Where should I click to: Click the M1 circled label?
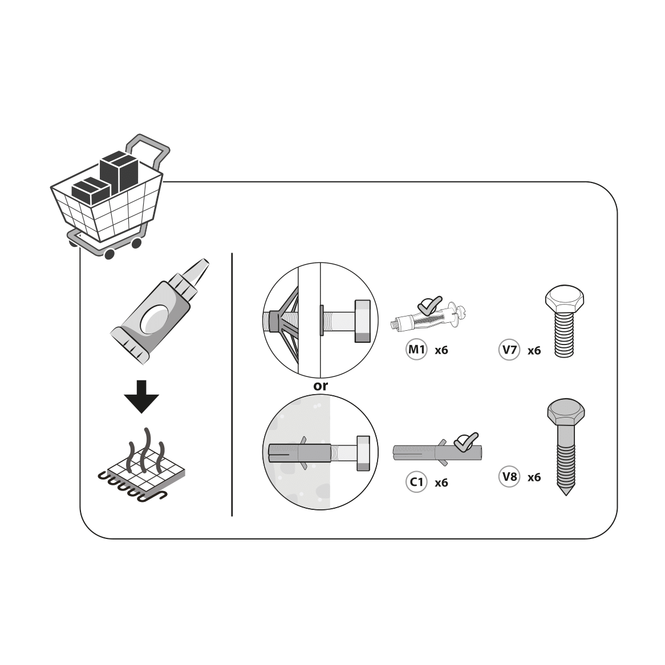[416, 350]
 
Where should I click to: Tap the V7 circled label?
[509, 350]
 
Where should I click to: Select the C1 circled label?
[416, 482]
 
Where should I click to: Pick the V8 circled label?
[509, 477]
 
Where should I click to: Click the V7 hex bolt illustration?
[565, 321]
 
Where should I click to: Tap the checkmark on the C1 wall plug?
[465, 441]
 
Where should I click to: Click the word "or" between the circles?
[320, 386]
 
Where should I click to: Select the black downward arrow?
[141, 396]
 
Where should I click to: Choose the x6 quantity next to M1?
[441, 350]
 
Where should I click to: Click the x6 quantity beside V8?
[534, 477]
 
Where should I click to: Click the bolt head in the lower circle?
[363, 453]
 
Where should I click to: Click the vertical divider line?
[232, 384]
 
